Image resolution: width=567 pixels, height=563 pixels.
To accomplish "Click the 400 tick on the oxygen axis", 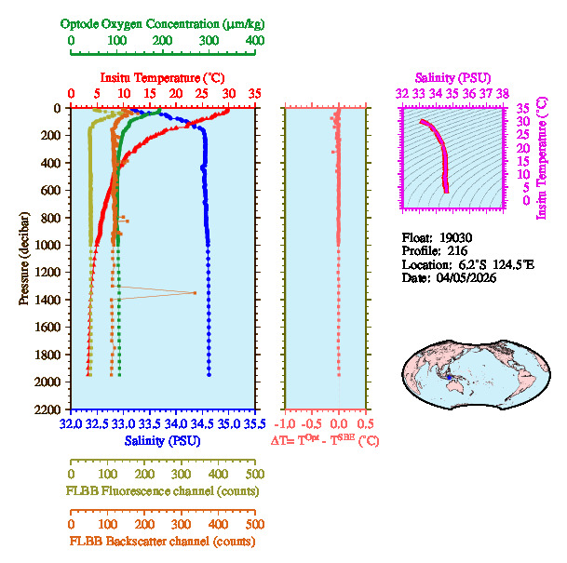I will click(254, 41).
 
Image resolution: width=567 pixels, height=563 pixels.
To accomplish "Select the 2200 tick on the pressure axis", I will click(48, 409).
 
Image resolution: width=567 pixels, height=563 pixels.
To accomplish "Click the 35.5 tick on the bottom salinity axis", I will click(253, 423).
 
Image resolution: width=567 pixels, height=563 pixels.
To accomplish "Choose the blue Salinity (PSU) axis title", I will click(160, 439).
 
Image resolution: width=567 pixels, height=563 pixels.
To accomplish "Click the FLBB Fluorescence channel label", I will click(162, 490).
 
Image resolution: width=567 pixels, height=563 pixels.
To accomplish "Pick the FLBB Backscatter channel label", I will click(161, 541).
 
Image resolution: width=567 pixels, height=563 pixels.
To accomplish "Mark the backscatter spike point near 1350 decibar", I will click(195, 292).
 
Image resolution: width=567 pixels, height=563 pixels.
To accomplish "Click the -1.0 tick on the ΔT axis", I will click(286, 423).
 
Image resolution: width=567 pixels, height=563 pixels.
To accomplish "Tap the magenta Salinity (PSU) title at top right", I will click(451, 78).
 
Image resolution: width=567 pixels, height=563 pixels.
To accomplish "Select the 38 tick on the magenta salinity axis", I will click(502, 93).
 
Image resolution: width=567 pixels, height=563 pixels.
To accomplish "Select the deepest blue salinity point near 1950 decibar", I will click(209, 375).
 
